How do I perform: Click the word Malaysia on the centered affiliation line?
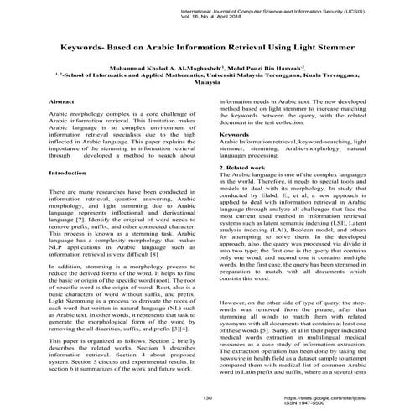206,83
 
